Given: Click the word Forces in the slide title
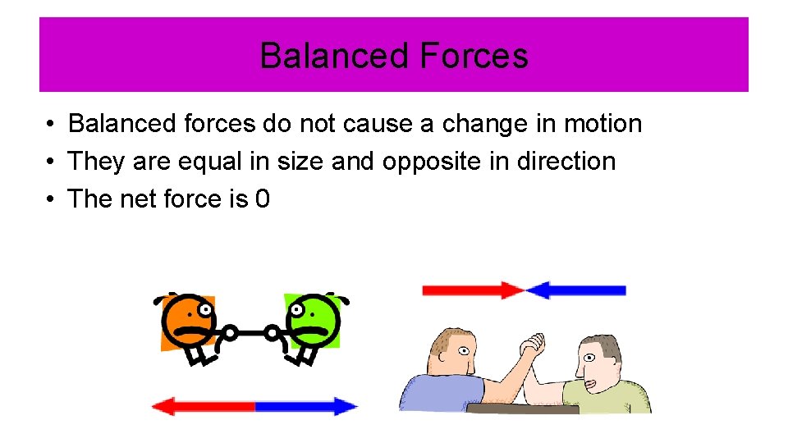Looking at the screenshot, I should [x=473, y=56].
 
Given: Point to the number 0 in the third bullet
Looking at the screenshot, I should [x=262, y=199].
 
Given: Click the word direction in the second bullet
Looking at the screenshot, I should [x=566, y=162].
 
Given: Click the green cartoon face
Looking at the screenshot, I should [x=310, y=318].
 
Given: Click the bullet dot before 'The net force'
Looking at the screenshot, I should [x=51, y=199].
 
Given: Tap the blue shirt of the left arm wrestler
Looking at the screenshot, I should [x=439, y=394].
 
